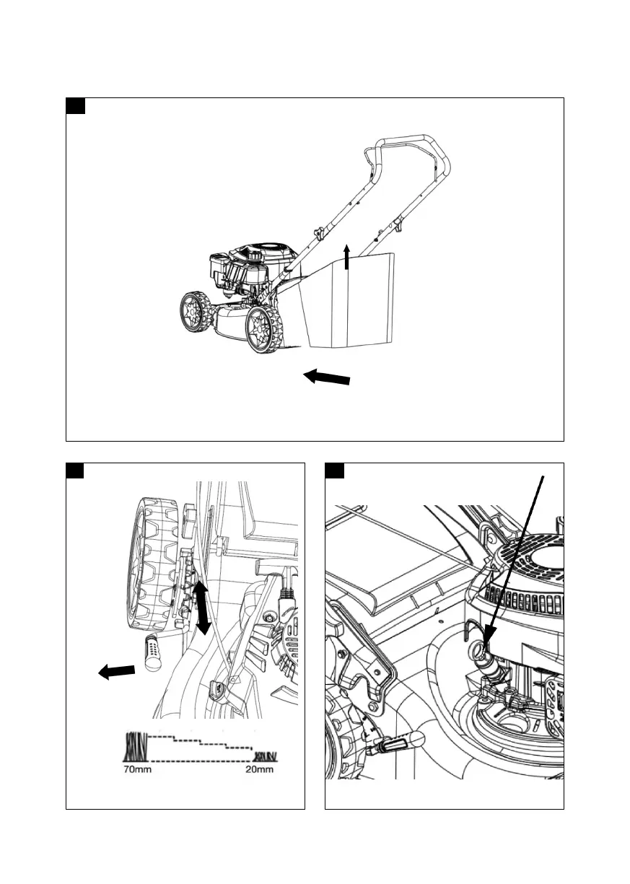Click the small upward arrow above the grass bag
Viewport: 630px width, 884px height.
[347, 257]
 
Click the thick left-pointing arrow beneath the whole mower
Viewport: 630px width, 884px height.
[327, 377]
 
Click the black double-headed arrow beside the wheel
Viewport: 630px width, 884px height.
[203, 608]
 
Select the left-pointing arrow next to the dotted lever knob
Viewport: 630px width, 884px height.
[116, 672]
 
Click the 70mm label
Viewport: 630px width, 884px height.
[136, 769]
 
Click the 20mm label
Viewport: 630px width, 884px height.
[259, 769]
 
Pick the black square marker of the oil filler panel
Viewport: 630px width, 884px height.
[335, 471]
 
